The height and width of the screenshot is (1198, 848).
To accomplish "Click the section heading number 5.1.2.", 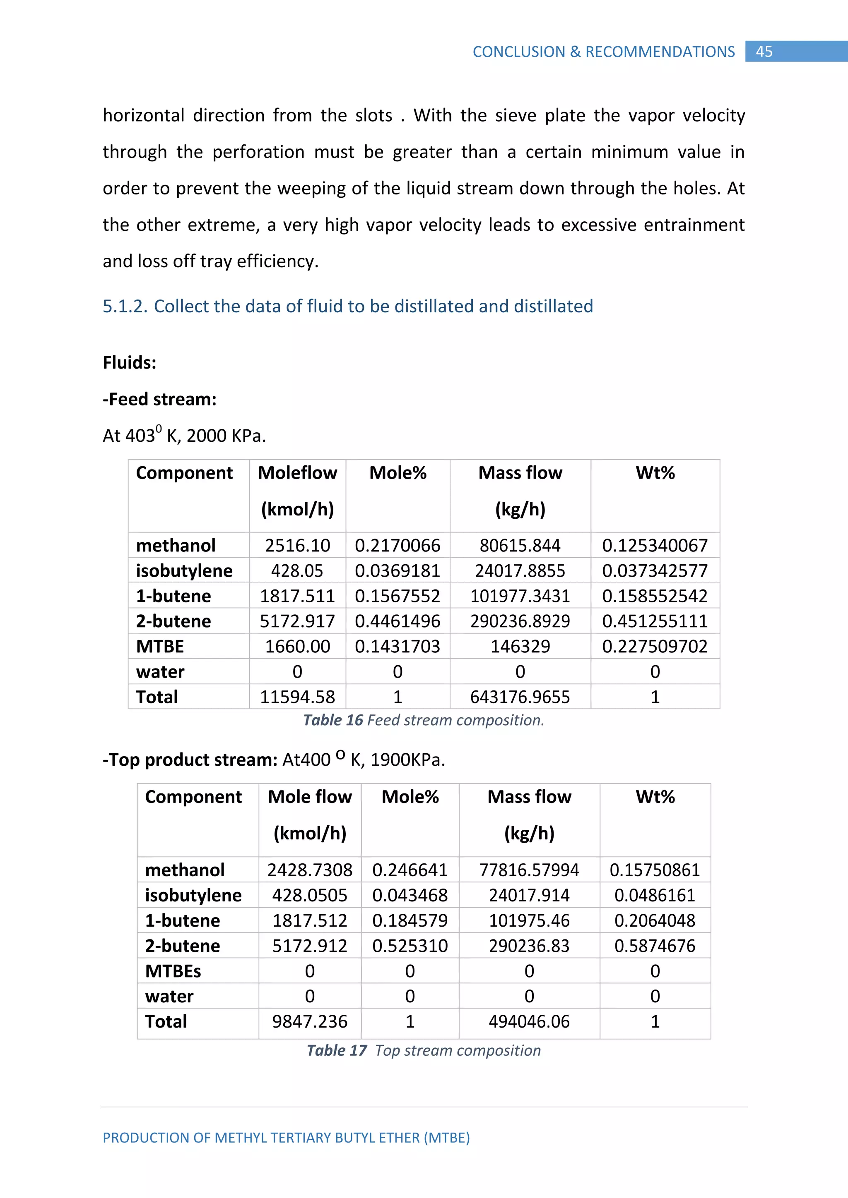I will [x=125, y=306].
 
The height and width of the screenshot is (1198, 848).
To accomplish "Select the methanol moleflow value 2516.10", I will [x=297, y=545].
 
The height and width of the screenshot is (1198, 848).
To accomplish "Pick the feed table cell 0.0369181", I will [x=397, y=571].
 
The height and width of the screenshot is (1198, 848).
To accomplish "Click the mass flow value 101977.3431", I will [x=520, y=596].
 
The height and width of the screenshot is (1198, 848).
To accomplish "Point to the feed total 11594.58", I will [x=297, y=697].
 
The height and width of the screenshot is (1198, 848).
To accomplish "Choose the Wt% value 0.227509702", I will [x=655, y=647].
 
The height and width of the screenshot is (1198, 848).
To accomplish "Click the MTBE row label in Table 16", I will [x=160, y=647].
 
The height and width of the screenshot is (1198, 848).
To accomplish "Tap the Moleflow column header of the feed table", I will [x=297, y=473].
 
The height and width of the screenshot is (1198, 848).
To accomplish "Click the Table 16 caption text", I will [x=424, y=721].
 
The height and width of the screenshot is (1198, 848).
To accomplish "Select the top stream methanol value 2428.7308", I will [x=310, y=870].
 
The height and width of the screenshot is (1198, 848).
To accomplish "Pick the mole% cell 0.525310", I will [x=410, y=946].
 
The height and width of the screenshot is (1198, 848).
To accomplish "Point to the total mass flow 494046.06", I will [x=529, y=1022].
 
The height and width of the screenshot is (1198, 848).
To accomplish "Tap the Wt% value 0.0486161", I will [x=655, y=895].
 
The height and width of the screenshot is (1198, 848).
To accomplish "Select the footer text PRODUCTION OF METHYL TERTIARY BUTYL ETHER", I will [x=286, y=1138].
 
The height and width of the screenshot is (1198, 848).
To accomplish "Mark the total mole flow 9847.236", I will [x=310, y=1022].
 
